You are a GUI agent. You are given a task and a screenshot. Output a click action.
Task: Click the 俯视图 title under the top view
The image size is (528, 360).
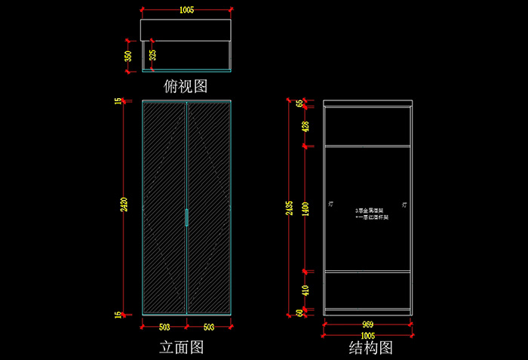[186, 86]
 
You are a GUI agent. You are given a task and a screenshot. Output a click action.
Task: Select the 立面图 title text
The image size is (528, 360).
[182, 347]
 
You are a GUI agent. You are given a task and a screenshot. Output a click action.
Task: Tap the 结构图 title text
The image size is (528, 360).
[370, 347]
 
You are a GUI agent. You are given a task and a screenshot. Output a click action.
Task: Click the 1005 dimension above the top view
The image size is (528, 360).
[186, 10]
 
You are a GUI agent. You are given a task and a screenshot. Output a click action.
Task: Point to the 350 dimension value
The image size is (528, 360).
[128, 56]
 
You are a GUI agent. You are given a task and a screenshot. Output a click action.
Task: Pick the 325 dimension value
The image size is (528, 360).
[153, 56]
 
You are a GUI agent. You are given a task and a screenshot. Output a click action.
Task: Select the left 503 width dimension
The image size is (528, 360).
[164, 327]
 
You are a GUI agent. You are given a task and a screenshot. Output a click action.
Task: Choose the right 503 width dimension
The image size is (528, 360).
[209, 327]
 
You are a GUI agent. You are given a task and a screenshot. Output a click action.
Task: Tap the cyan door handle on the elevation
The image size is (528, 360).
[186, 217]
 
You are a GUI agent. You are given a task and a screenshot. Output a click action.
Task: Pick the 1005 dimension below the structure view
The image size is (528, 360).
[367, 335]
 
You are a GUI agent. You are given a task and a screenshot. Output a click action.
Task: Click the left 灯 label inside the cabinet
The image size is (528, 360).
[331, 204]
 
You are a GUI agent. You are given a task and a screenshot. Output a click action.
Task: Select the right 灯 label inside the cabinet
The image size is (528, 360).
[405, 204]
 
